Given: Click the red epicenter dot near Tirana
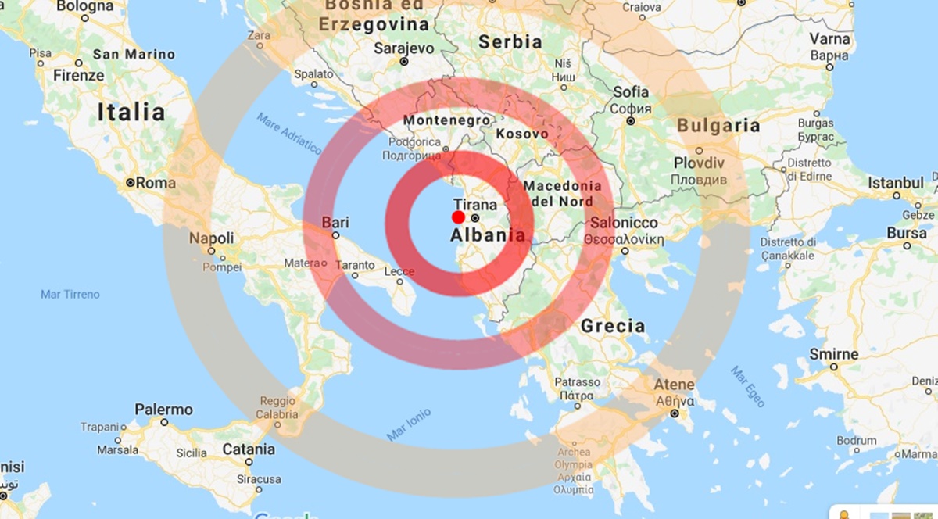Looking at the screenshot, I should pos(459,217).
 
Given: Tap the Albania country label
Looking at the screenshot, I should pos(488,236).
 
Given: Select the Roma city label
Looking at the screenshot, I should pos(156,184).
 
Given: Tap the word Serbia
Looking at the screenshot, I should pos(510,41).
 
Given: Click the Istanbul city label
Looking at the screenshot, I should pos(896,183).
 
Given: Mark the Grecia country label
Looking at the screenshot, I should pos(613,326).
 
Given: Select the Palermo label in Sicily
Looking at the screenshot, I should pos(163,409).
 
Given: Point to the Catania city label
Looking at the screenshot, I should pos(249,449).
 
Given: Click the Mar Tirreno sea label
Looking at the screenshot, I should pos(70,295).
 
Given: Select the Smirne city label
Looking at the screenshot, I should pos(833,354).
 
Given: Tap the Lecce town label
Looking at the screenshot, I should pos(399,272).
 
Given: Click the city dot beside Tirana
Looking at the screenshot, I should pos(474,218).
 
